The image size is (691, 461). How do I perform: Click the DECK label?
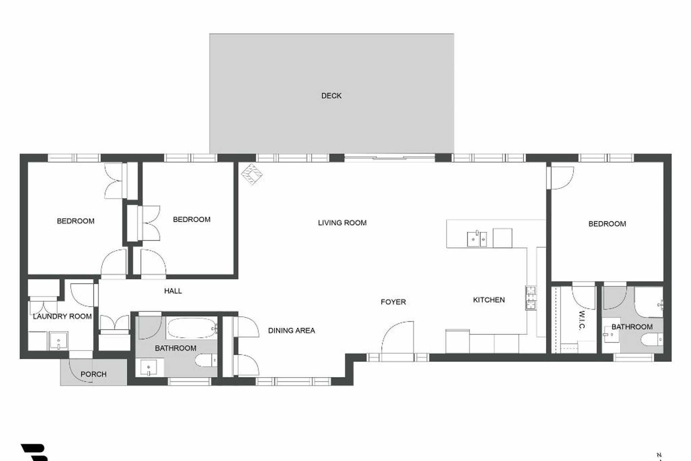(x=331, y=96)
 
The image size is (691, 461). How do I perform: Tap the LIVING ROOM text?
(x=342, y=223)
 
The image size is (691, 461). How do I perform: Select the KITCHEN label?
(x=489, y=300)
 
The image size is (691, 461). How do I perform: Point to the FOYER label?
(x=393, y=302)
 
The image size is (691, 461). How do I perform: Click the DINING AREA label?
(x=292, y=330)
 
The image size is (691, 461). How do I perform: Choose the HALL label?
(x=173, y=291)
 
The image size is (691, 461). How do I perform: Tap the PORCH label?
(x=94, y=374)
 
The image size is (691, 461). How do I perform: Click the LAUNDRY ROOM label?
(x=62, y=316)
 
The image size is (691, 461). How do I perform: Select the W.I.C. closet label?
(x=582, y=320)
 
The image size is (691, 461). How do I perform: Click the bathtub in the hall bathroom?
(x=191, y=327)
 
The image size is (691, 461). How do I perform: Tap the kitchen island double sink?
(x=477, y=239)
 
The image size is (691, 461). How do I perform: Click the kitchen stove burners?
(x=531, y=297)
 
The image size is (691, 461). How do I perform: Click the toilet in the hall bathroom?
(x=207, y=359)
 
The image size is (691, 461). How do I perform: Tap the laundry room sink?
(x=58, y=341)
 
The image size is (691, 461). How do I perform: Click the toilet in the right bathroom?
(x=652, y=339)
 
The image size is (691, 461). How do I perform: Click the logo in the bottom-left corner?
(x=35, y=453)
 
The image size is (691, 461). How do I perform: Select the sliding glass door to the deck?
(x=390, y=158)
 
